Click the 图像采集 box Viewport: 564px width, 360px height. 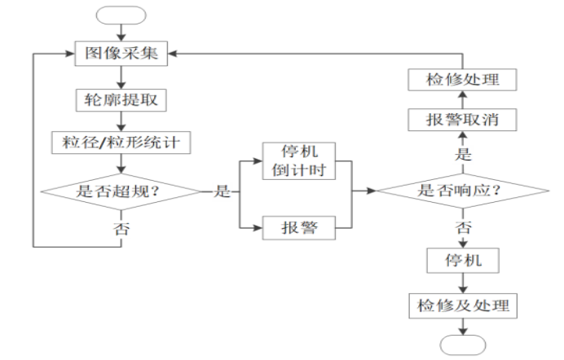coord(121,54)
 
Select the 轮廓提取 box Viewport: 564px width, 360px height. coord(121,100)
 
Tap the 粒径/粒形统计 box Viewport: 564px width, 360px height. coord(121,143)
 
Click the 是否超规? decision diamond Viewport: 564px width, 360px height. coord(121,192)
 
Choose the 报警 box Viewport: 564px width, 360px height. coord(299,228)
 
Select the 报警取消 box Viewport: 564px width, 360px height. coord(462,121)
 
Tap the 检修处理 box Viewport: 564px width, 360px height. coord(462,80)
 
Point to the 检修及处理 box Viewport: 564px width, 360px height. coord(462,305)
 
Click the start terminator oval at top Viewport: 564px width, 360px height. coord(121,15)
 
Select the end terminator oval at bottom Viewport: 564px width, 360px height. coord(462,344)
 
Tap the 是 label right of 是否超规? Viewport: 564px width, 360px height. coord(220,193)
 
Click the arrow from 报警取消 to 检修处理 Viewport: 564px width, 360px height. coord(462,100)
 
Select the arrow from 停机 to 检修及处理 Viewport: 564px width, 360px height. coord(462,284)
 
